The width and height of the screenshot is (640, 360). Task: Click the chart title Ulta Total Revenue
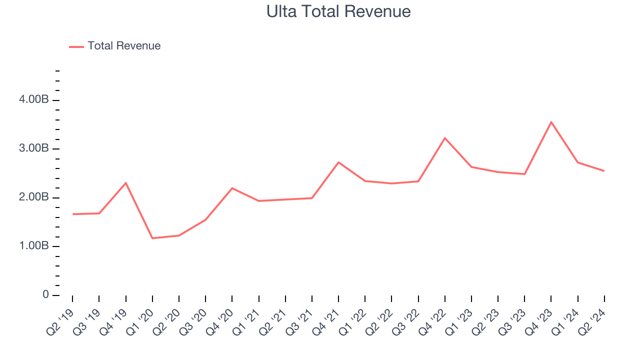click(x=338, y=11)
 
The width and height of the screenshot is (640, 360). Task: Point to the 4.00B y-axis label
click(x=34, y=100)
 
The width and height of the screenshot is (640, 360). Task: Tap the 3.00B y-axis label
click(x=34, y=149)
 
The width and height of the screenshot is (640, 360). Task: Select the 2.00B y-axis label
click(x=34, y=197)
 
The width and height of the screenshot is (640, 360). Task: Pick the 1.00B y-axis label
click(x=34, y=246)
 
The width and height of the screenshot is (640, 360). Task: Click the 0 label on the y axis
click(x=45, y=295)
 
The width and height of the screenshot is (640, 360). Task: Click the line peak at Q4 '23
click(x=551, y=122)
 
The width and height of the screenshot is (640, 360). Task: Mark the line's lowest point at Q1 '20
click(x=152, y=238)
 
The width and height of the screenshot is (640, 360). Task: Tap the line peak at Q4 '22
click(x=445, y=138)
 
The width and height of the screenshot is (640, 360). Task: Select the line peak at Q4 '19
click(x=125, y=183)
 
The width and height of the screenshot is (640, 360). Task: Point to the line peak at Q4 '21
click(x=338, y=162)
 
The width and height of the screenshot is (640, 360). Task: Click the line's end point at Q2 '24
click(x=604, y=171)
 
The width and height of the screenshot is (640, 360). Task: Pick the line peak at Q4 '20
click(x=232, y=188)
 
